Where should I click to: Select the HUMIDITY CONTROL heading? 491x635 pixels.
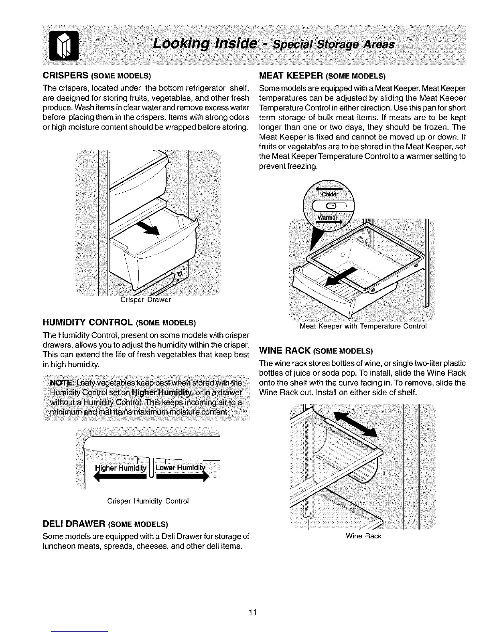87,322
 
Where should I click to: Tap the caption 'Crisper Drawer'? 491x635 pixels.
146,300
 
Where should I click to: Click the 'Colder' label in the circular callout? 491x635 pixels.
330,194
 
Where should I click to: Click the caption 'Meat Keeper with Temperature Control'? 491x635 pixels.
363,326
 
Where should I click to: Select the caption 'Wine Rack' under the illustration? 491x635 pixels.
363,536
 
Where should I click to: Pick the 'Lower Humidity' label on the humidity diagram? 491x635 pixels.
180,469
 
